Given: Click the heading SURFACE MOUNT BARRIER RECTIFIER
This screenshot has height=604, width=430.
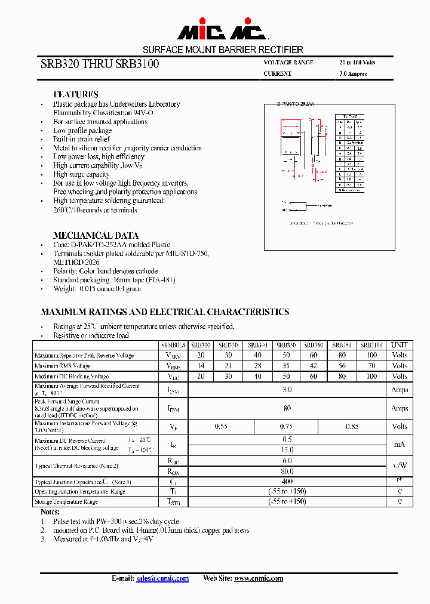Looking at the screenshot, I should [223, 50].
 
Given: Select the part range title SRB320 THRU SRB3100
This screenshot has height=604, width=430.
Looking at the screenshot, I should [100, 64].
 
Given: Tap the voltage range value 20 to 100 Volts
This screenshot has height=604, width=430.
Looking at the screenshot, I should [357, 63].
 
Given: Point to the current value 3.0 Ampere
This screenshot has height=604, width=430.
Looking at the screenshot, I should [353, 74].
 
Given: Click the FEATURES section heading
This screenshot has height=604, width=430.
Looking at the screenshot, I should [76, 94].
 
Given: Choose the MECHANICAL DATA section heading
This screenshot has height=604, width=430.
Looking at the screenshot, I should [96, 235].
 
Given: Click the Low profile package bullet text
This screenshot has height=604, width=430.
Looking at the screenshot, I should [82, 130].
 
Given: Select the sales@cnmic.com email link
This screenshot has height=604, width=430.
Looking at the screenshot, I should [162, 578].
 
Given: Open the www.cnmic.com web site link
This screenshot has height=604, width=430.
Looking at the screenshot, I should [259, 578].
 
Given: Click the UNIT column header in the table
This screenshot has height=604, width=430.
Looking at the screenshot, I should [400, 345].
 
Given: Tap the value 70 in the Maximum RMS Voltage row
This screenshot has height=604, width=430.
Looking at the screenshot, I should [371, 366].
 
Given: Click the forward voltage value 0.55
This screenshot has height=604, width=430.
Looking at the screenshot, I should [222, 427].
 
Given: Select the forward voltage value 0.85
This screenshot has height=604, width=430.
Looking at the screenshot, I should [353, 427].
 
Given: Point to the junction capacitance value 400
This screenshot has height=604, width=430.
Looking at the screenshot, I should [287, 481].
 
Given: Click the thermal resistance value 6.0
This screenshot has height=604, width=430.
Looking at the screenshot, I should [287, 461].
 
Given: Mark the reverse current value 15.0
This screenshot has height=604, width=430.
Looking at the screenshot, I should [287, 449].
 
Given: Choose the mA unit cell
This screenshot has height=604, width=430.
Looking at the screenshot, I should [400, 444].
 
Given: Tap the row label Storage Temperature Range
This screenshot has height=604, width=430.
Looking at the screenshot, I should [66, 502].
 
